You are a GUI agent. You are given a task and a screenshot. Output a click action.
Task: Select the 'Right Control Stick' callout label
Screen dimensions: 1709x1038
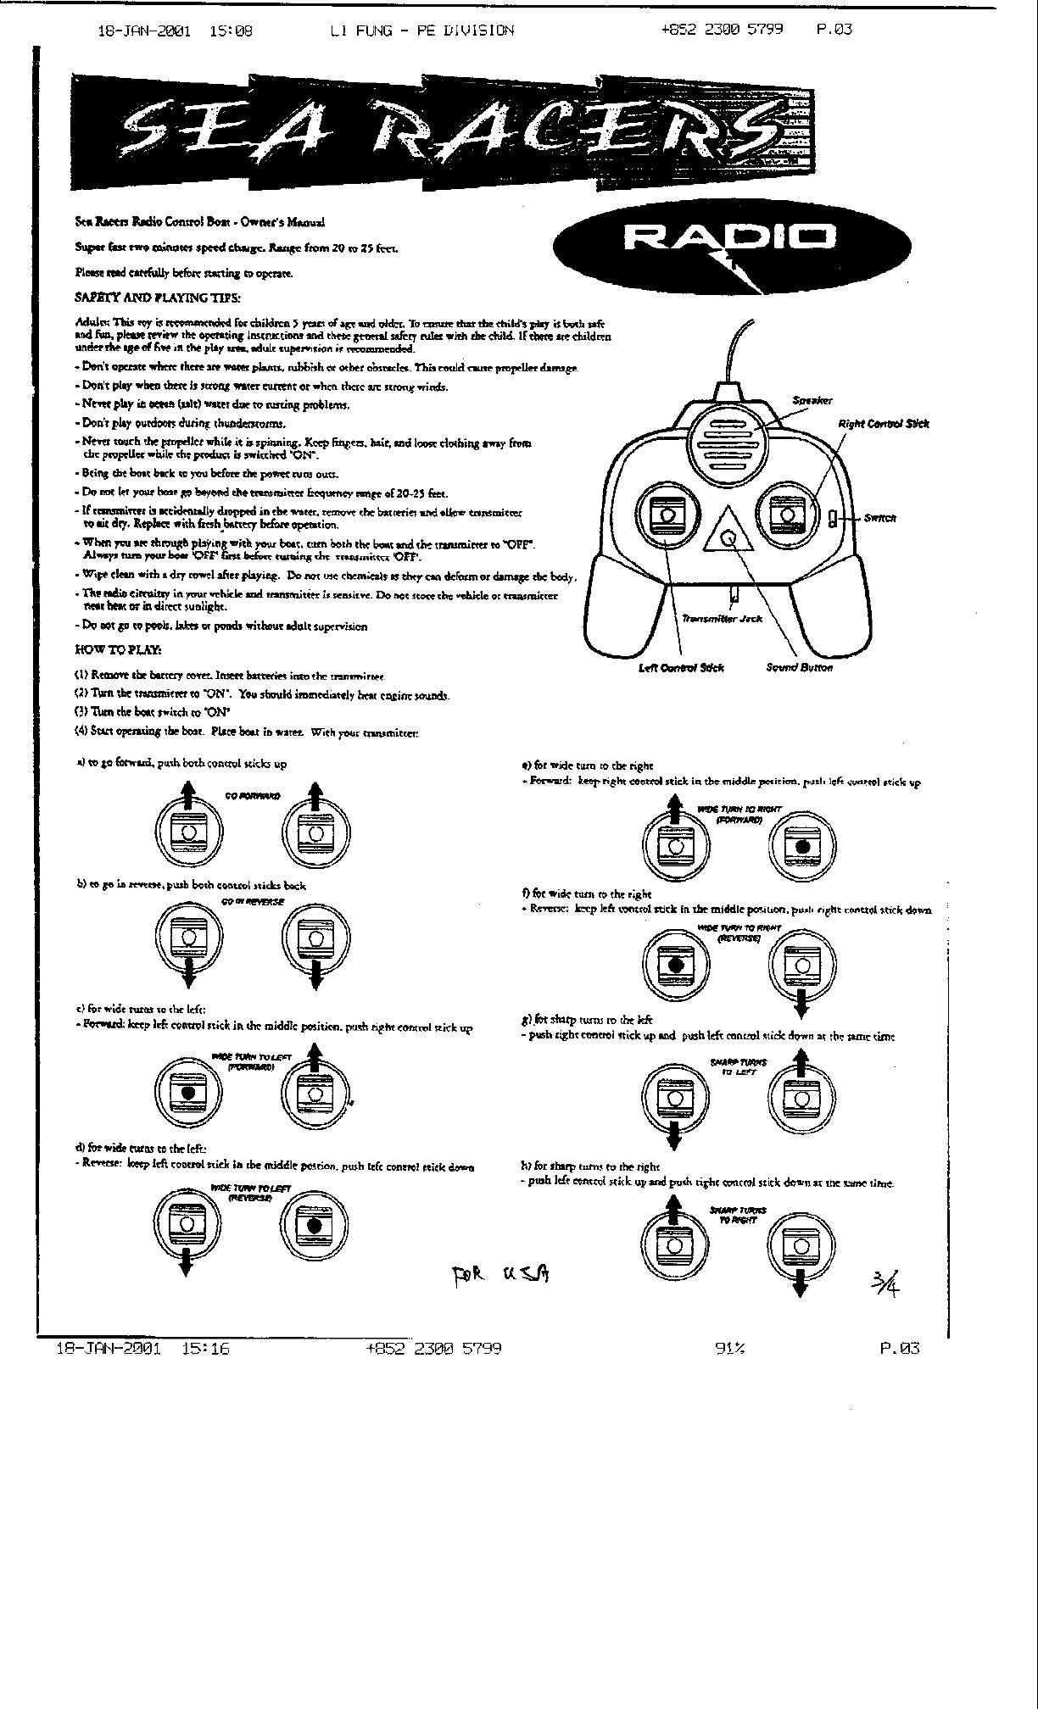[883, 424]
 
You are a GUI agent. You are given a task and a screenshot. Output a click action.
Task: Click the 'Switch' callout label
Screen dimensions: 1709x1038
[879, 518]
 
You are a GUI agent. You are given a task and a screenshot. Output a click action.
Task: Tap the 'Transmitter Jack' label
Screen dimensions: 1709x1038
[723, 619]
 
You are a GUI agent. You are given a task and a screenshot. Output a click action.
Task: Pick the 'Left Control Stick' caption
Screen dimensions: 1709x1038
[680, 668]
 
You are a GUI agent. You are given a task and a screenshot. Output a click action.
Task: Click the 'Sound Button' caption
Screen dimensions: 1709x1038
[799, 668]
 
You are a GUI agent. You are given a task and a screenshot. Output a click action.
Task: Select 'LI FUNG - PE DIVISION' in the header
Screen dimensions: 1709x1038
[421, 31]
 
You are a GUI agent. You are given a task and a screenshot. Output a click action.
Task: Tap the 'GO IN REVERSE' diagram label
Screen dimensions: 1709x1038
[252, 902]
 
